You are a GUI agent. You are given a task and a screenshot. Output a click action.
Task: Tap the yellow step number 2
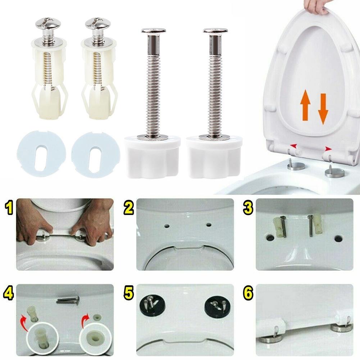tap(128, 208)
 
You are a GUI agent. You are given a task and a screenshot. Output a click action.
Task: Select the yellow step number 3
tap(248, 208)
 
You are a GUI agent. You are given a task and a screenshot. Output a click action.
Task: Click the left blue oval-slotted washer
tap(41, 154)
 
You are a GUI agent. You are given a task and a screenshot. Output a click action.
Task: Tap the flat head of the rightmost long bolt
tap(215, 31)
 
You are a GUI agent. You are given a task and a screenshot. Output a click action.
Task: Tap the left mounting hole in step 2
tap(167, 226)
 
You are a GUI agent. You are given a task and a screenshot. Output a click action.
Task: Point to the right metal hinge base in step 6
tap(341, 327)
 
